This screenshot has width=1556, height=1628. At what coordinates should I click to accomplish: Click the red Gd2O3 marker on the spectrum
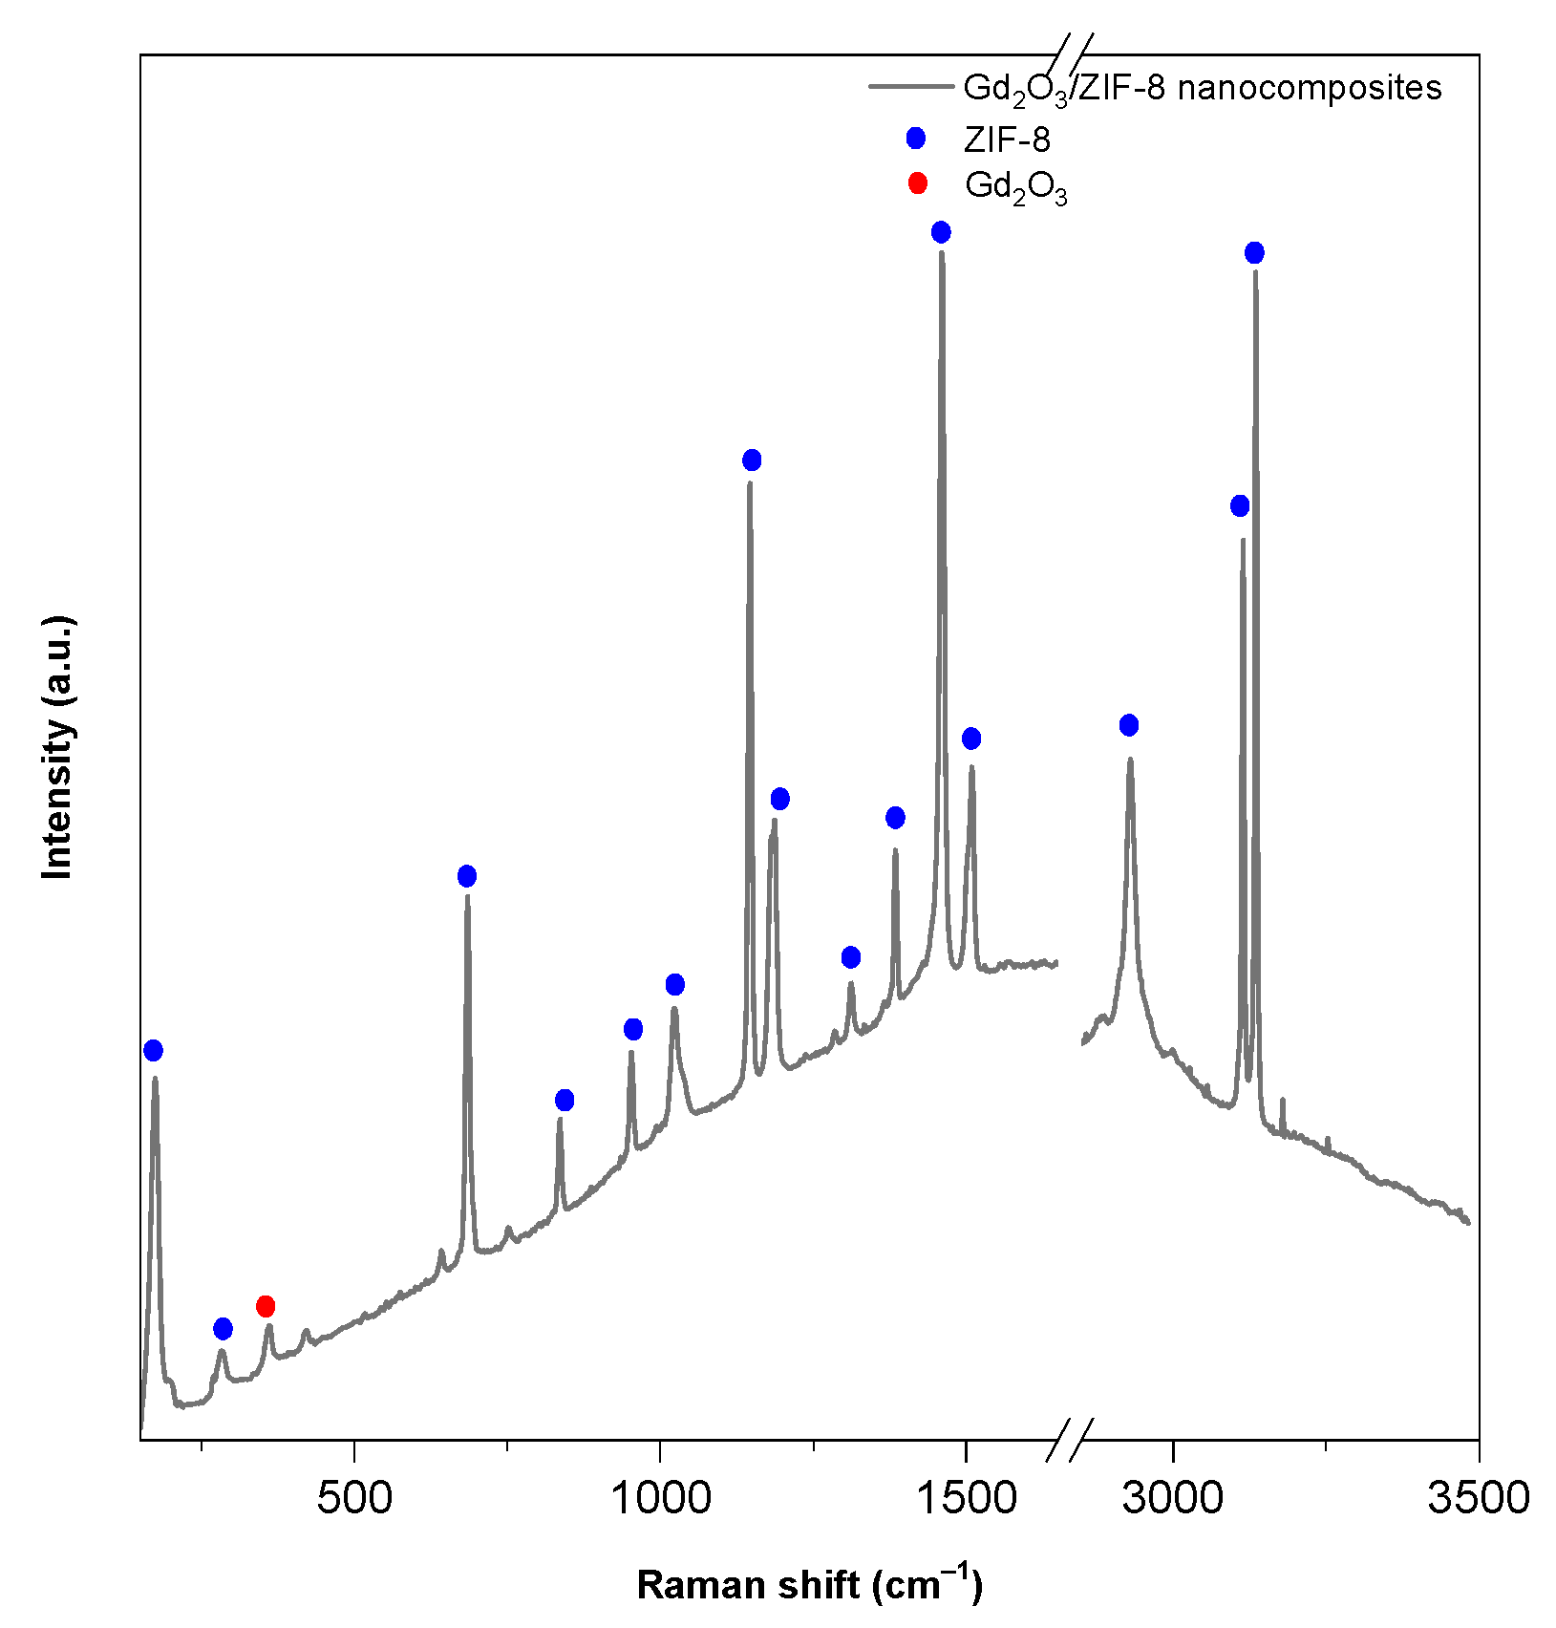click(x=266, y=1306)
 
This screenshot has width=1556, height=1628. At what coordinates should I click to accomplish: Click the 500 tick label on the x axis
click(x=354, y=1497)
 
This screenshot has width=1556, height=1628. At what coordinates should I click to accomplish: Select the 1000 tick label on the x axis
click(x=660, y=1497)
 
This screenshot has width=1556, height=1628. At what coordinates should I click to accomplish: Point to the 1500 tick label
click(x=966, y=1497)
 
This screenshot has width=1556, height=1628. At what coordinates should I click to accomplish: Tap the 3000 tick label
click(x=1172, y=1497)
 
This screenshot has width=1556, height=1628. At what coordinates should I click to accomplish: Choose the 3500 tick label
click(x=1478, y=1497)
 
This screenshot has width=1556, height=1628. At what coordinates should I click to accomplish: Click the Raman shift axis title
click(x=809, y=1585)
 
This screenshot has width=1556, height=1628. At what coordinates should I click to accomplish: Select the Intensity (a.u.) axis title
click(x=58, y=747)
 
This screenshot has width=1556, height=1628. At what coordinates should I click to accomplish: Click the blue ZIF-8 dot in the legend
click(x=916, y=139)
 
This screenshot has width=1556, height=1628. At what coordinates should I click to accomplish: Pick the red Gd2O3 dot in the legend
click(x=917, y=183)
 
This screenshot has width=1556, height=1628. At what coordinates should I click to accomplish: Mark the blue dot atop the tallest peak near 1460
click(x=941, y=232)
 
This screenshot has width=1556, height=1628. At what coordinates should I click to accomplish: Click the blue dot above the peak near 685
click(x=467, y=876)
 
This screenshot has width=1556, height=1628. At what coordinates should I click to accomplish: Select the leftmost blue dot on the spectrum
click(x=153, y=1051)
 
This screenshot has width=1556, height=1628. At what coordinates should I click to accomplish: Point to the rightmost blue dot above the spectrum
click(x=1254, y=253)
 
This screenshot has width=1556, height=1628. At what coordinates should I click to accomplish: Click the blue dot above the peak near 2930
click(x=1129, y=725)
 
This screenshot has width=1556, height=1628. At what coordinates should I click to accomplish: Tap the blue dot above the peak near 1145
click(x=752, y=461)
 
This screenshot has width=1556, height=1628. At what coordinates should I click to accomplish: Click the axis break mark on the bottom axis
click(x=1069, y=1440)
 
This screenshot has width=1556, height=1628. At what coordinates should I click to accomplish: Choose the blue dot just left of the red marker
click(x=223, y=1329)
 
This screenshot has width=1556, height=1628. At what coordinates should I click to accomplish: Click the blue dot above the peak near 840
click(x=565, y=1101)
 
